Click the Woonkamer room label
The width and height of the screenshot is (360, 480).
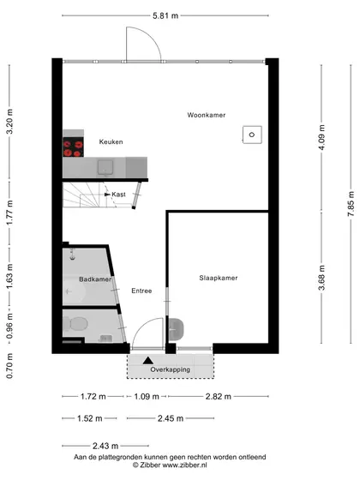[x=207, y=115]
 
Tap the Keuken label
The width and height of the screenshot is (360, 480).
[x=111, y=141]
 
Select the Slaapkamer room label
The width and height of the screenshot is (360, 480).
[x=219, y=278]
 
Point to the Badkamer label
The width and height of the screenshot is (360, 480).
[x=95, y=279]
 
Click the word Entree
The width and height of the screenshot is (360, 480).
[x=141, y=291]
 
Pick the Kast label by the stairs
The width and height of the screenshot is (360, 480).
[x=118, y=195]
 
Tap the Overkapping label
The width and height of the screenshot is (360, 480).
[x=170, y=369]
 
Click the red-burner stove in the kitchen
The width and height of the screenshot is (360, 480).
[x=73, y=147]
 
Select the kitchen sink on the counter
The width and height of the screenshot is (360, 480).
[x=105, y=168]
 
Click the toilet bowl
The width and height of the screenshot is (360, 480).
[x=76, y=324]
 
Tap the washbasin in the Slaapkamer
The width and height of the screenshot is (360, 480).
[x=176, y=329]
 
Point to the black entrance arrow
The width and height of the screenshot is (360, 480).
[x=147, y=361]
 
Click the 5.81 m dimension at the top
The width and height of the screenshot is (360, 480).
[x=165, y=15]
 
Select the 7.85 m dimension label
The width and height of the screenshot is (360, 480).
[x=351, y=204]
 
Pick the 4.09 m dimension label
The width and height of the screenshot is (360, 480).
[x=321, y=137]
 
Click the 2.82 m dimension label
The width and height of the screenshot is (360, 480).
[x=219, y=397]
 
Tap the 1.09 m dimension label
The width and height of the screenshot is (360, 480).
[x=147, y=397]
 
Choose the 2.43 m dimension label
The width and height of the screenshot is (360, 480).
[x=105, y=446]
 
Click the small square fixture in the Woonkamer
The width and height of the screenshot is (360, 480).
[x=252, y=135]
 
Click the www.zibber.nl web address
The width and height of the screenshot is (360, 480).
[x=184, y=465]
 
